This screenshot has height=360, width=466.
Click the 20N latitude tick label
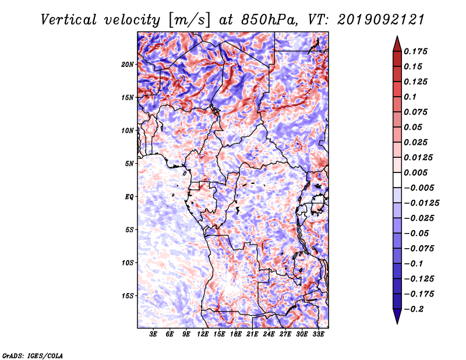(x=128, y=65)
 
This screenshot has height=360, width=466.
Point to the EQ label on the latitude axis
(x=129, y=197)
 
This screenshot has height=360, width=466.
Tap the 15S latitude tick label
(x=128, y=296)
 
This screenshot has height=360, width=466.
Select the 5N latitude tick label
(x=129, y=164)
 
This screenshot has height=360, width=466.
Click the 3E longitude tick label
(x=153, y=334)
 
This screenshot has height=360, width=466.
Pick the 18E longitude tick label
(x=236, y=334)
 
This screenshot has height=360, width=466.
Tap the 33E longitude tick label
(x=318, y=334)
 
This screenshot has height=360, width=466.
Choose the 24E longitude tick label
(x=269, y=334)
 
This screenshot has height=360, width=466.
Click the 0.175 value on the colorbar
(x=415, y=51)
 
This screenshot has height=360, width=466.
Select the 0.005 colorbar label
(x=415, y=172)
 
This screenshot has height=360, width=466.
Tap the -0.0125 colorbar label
(x=422, y=203)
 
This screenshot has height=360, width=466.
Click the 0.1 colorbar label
(x=410, y=97)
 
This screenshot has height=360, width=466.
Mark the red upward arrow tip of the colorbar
(x=397, y=36)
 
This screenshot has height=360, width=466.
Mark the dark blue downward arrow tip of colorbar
(x=397, y=323)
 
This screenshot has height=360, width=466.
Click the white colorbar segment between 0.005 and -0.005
(x=397, y=180)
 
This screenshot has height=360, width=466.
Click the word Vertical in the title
(x=69, y=20)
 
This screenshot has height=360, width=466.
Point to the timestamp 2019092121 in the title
(x=381, y=20)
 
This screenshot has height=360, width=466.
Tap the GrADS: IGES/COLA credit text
(x=33, y=355)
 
